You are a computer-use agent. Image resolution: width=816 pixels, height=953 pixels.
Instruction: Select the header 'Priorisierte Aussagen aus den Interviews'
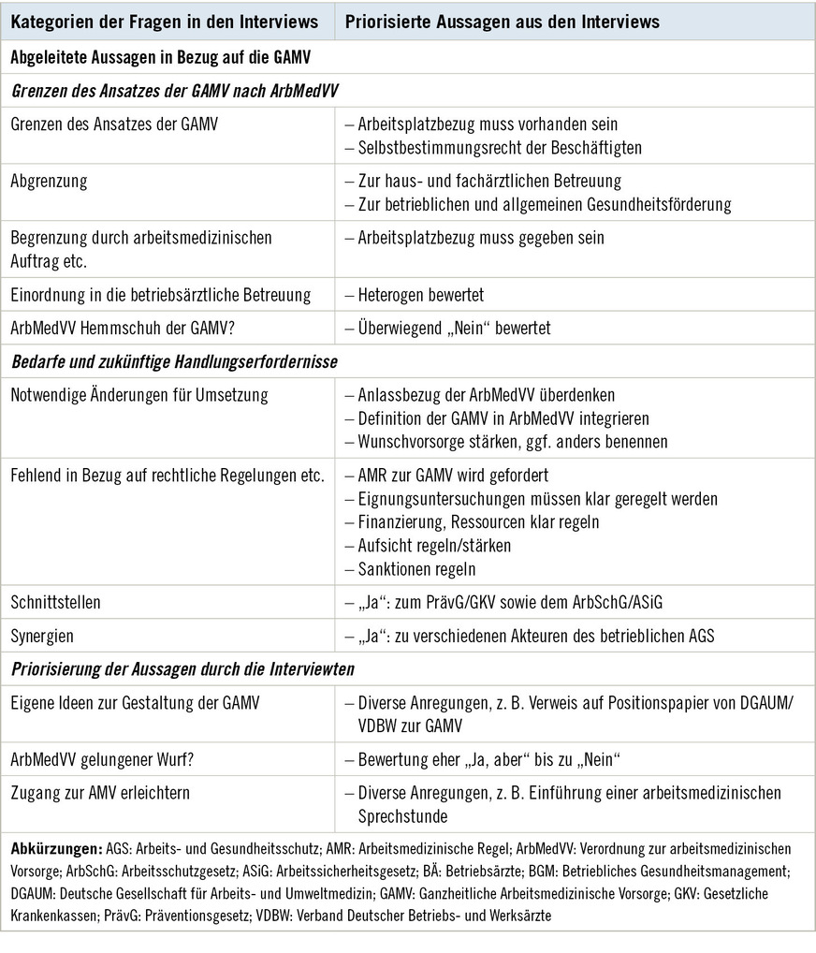click(503, 22)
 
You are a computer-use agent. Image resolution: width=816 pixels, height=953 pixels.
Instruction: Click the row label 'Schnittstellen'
click(55, 603)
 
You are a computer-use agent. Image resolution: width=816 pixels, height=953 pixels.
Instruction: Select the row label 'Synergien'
click(43, 637)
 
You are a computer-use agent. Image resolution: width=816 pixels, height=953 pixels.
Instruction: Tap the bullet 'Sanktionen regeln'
click(411, 568)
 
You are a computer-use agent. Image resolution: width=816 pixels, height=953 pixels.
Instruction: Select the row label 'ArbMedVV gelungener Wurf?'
click(105, 759)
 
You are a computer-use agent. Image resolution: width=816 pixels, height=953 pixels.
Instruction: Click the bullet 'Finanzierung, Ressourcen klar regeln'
click(478, 521)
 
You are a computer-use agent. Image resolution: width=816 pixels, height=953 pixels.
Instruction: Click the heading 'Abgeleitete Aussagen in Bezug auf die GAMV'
click(161, 57)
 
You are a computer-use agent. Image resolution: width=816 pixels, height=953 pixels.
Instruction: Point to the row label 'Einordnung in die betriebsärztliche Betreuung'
click(161, 295)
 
